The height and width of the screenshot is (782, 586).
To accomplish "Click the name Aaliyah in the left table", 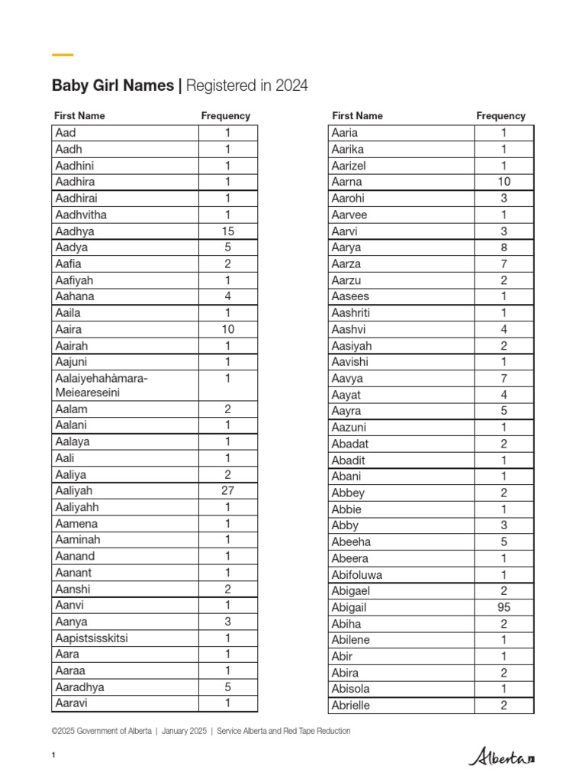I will [x=74, y=491].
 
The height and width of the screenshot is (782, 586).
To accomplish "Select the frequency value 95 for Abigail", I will [x=504, y=607].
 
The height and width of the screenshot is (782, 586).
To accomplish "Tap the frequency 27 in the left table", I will [x=227, y=491].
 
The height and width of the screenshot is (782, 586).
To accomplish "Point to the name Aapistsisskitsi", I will [x=91, y=638].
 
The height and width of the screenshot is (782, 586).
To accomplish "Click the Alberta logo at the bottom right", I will [x=502, y=757].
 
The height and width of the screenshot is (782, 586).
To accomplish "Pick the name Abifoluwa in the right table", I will [x=357, y=574].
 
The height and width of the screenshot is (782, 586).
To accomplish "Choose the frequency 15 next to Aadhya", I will [x=227, y=231].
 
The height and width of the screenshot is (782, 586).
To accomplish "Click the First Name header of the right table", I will [x=357, y=116].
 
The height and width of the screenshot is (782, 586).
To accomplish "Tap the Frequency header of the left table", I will [x=225, y=116].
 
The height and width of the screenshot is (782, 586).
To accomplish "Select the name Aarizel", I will [x=349, y=166].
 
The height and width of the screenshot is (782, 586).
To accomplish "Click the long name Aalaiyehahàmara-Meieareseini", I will [x=101, y=385].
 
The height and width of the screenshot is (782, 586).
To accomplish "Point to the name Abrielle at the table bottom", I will [x=350, y=705].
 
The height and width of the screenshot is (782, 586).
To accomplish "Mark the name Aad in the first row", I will [x=66, y=133].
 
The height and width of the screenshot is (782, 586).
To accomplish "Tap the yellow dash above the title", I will [x=63, y=55].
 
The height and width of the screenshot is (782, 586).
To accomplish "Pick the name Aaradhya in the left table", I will [x=80, y=687].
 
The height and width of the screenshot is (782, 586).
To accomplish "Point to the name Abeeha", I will [x=351, y=541].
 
